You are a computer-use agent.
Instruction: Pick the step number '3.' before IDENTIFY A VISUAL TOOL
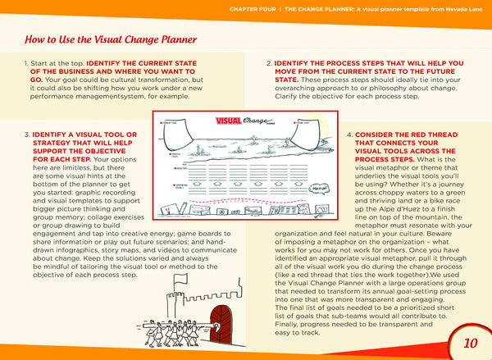click(29, 134)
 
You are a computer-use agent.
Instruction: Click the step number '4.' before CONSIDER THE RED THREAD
click(350, 134)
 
